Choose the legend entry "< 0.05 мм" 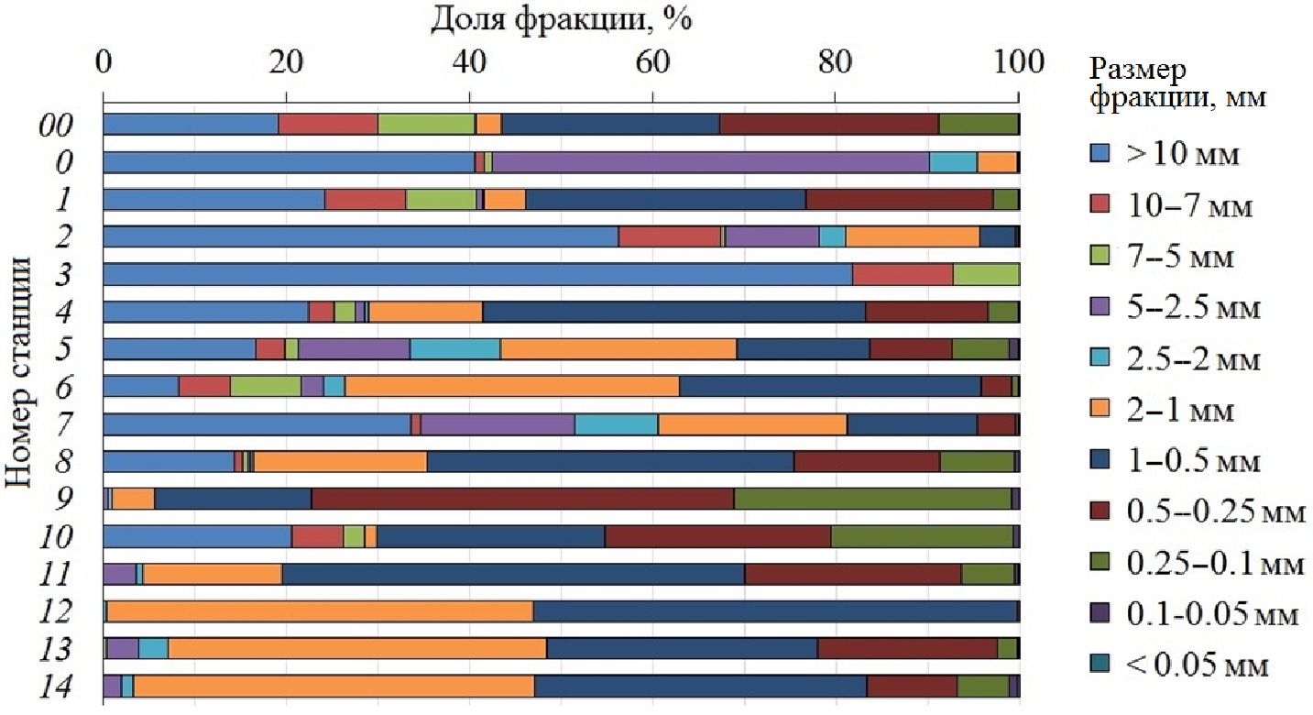click(x=1177, y=665)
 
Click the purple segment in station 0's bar click(x=711, y=162)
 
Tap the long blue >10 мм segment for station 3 click(x=477, y=274)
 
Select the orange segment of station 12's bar click(x=320, y=611)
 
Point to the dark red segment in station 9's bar click(x=522, y=499)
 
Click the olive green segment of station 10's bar click(x=921, y=536)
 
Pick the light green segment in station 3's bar click(x=986, y=274)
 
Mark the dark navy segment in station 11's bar click(x=513, y=574)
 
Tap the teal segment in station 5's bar click(x=454, y=349)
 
